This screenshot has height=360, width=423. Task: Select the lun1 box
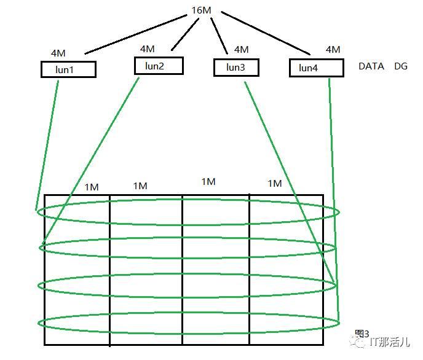tap(68, 69)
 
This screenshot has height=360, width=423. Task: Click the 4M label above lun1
tap(58, 53)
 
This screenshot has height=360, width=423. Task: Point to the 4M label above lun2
tap(148, 49)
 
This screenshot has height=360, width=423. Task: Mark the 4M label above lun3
tap(242, 49)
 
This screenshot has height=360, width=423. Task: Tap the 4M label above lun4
tap(333, 49)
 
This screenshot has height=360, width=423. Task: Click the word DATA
tap(371, 66)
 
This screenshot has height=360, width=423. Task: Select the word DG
tap(401, 66)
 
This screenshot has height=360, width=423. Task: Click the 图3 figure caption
tap(362, 334)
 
